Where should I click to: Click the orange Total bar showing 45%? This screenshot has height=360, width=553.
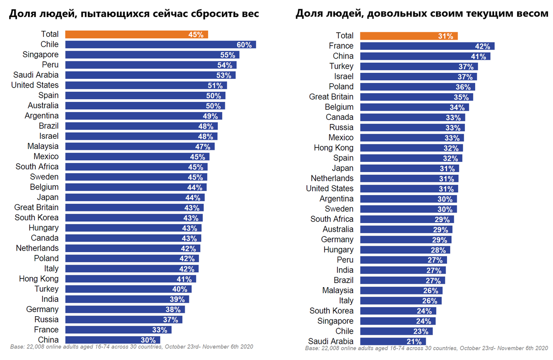tap(136, 34)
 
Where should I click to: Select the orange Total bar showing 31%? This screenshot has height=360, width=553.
tap(409, 35)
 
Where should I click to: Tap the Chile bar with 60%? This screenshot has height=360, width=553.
tap(160, 44)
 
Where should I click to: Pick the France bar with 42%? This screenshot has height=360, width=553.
tap(427, 46)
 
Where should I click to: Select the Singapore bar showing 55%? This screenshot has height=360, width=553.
tap(152, 54)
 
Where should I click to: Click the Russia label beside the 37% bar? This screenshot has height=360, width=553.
tap(47, 319)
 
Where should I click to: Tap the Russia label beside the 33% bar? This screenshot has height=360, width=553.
tap(341, 127)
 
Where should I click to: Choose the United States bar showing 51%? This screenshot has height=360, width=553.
tap(146, 85)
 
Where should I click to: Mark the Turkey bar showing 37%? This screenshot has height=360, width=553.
tap(419, 66)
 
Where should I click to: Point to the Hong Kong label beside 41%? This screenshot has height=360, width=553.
tap(39, 279)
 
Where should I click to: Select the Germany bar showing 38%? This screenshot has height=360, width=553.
tap(125, 309)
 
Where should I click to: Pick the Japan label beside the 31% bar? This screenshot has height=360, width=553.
tap(342, 168)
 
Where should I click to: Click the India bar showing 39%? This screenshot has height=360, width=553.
tap(127, 299)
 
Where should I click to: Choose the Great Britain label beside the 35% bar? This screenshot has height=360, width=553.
tap(331, 97)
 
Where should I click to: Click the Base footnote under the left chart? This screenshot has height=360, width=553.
tap(131, 346)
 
